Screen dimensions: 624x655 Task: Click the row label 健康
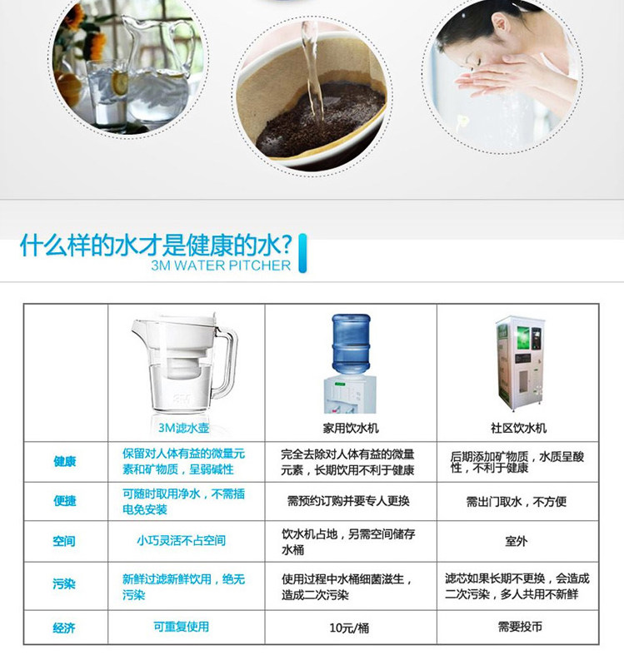64,461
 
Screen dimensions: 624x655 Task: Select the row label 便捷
64,500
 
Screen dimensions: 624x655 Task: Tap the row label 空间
64,541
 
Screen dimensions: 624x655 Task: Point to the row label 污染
64,583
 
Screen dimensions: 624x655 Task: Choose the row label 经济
64,628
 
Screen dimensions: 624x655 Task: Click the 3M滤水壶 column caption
183,428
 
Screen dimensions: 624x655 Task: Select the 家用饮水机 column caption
351,428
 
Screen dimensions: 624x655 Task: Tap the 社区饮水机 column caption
518,428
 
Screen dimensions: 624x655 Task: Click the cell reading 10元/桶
349,628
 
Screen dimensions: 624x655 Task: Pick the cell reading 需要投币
520,627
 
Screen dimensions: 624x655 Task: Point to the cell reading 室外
516,541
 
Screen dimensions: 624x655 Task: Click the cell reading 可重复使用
181,627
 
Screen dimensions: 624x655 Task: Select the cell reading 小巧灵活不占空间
181,540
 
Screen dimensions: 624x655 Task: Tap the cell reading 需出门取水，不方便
517,501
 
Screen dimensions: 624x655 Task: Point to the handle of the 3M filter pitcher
226,361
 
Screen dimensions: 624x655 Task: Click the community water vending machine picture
521,364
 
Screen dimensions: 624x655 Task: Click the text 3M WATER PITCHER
221,265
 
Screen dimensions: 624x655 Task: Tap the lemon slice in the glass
120,82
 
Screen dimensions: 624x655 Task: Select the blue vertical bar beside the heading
302,253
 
